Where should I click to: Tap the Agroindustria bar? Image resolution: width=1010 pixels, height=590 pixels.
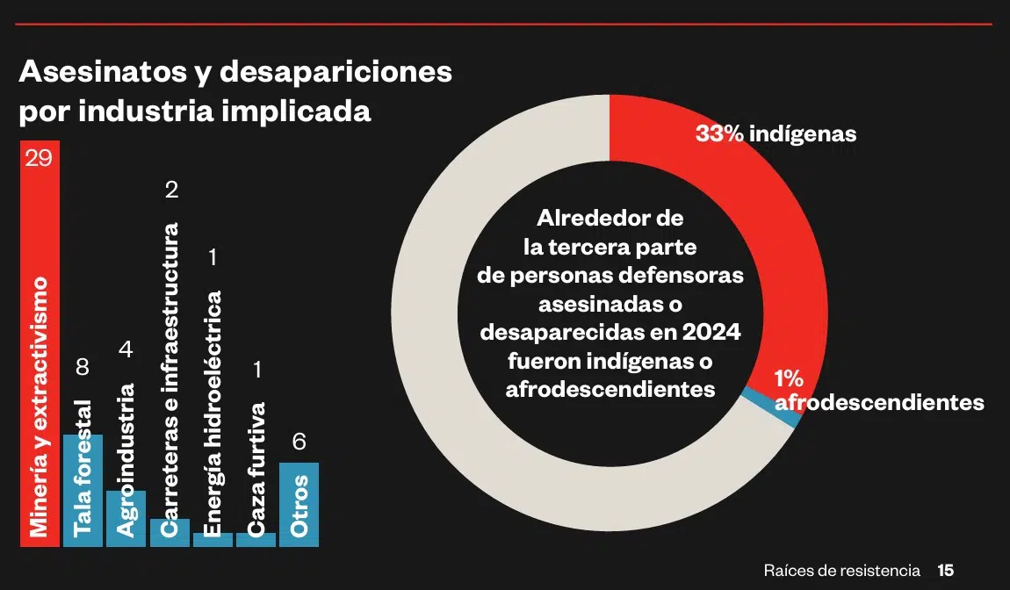[x=126, y=518]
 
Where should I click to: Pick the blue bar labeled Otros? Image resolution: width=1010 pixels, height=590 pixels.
[x=299, y=504]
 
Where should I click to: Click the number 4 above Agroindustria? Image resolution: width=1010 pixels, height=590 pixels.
[x=126, y=349]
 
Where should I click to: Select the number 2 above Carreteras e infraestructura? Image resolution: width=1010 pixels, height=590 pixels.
[x=171, y=190]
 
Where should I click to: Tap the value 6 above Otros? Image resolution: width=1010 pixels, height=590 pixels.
[x=299, y=442]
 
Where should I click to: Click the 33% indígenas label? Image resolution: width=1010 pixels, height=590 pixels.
[x=776, y=134]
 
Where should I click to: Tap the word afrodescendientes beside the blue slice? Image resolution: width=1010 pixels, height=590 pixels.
[x=879, y=403]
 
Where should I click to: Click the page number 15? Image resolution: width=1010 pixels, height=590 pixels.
[x=945, y=570]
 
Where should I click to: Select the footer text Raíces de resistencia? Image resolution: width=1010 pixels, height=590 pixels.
[x=841, y=570]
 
